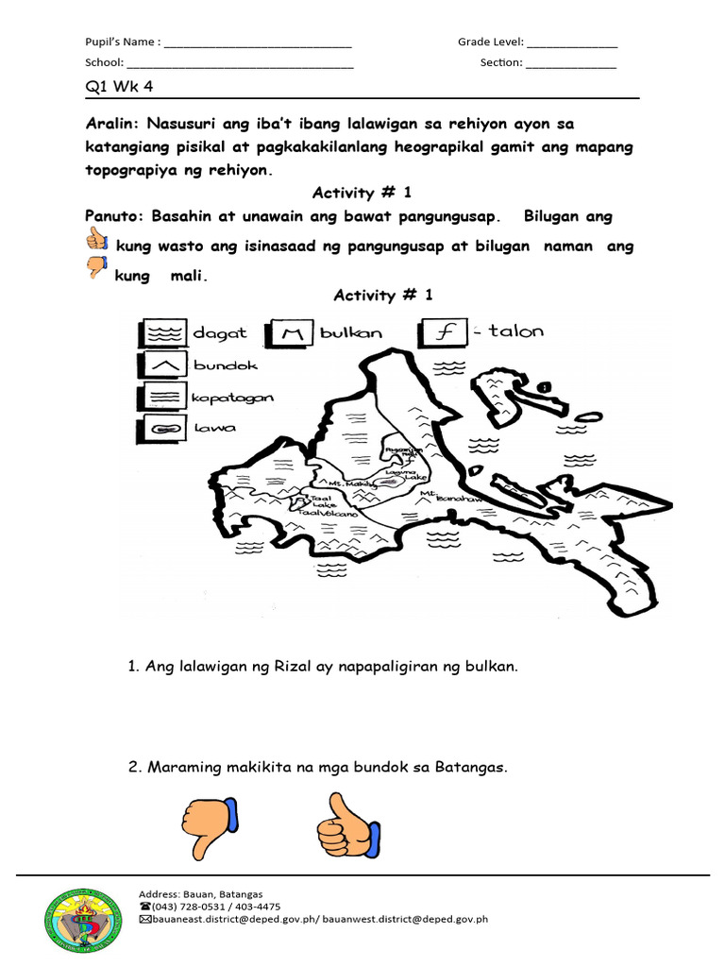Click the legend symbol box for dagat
tap(161, 333)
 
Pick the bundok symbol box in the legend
tap(161, 365)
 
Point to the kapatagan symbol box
tap(161, 398)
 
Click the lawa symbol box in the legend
tap(161, 429)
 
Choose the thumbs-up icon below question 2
tap(347, 824)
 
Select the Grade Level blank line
tap(572, 43)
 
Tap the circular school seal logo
tap(82, 923)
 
